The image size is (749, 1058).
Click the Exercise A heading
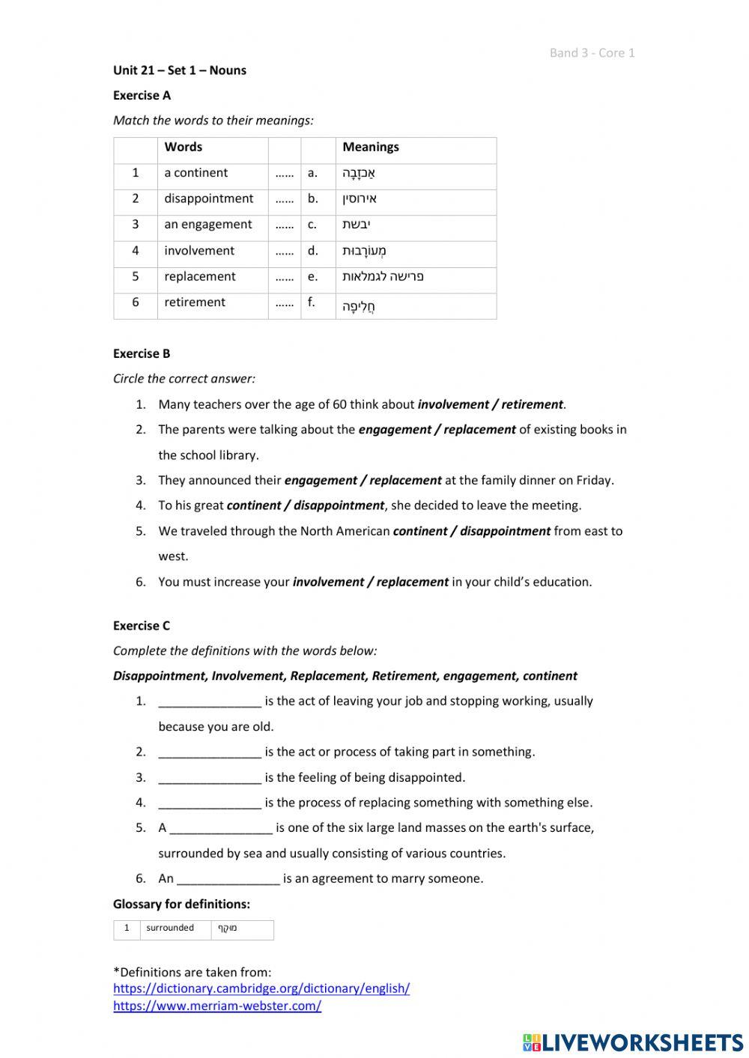click(x=142, y=95)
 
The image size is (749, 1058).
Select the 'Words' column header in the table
click(x=183, y=148)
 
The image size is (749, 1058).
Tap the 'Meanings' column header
click(x=370, y=148)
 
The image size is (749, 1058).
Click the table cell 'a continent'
click(x=195, y=173)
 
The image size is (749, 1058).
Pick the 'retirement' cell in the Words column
click(x=195, y=302)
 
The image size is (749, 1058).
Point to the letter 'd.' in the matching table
click(x=312, y=251)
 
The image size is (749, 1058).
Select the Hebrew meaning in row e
click(x=383, y=276)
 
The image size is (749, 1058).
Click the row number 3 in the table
click(x=136, y=225)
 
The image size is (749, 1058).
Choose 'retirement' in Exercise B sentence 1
click(x=532, y=404)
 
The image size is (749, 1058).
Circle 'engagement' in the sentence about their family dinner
click(x=321, y=481)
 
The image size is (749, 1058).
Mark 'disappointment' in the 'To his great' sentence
click(x=339, y=505)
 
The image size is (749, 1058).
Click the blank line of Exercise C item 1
click(x=210, y=702)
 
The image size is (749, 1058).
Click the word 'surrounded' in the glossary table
click(x=170, y=928)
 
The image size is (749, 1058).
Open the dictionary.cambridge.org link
click(x=261, y=988)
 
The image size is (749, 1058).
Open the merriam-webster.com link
click(x=217, y=1006)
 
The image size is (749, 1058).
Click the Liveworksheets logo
click(x=633, y=1042)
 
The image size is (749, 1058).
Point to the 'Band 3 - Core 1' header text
click(x=592, y=53)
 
